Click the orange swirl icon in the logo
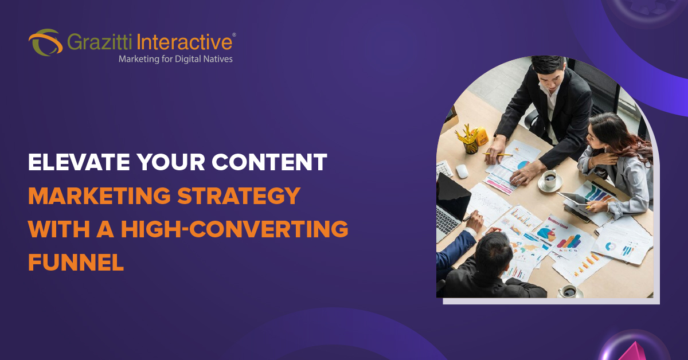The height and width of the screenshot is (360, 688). [45, 42]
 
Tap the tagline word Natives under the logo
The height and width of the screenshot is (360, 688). [217, 58]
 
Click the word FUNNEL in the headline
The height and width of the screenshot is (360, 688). [76, 262]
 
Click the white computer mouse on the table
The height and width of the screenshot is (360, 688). [462, 171]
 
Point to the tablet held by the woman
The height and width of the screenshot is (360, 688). [573, 198]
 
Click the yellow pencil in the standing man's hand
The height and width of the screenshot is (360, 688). [497, 155]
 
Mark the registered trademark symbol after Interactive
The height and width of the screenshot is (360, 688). [233, 35]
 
